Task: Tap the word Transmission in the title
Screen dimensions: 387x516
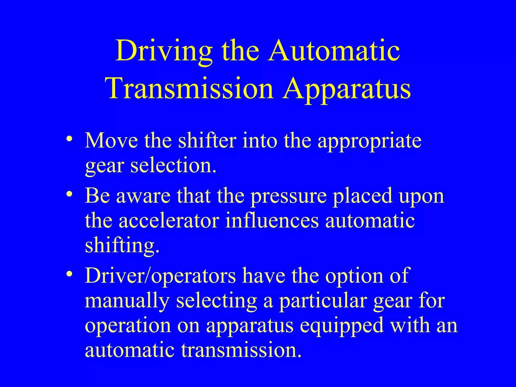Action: point(190,88)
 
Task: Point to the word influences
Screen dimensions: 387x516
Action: point(272,221)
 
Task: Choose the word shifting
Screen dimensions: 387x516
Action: point(122,246)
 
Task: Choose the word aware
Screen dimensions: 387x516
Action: point(143,196)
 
